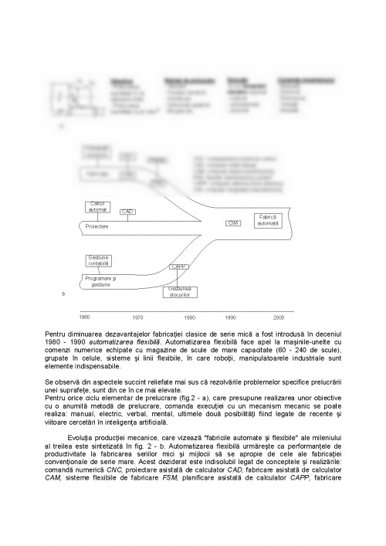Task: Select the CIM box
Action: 231,222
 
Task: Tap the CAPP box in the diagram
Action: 178,266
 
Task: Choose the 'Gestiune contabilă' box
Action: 99,260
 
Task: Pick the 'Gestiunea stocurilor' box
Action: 181,291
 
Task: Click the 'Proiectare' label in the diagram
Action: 96,227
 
